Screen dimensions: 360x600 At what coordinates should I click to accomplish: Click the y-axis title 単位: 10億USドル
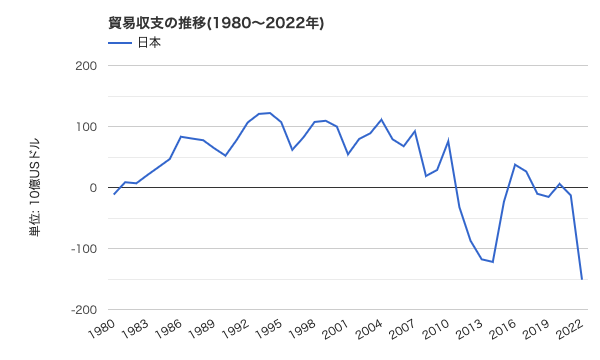pos(34,187)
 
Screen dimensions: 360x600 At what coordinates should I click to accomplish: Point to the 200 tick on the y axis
pos(85,66)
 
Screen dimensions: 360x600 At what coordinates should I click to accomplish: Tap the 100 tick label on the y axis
pos(85,127)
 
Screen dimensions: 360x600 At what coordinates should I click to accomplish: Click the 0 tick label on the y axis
pos(92,188)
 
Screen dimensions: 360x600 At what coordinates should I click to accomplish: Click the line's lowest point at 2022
pos(582,279)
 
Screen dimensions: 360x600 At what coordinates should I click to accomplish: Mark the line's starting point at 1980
pos(114,194)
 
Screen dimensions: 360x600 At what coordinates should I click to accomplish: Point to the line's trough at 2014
pos(493,262)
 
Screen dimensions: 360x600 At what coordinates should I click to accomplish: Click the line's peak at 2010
pos(448,141)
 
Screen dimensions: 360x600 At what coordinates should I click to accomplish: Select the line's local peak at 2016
pos(515,165)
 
